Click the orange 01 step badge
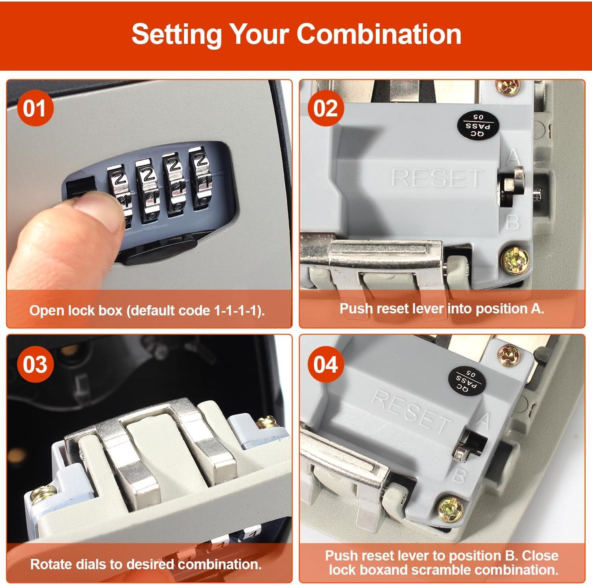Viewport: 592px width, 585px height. coord(35,108)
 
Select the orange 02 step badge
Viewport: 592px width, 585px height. coord(326,108)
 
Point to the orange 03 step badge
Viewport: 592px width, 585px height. coord(35,364)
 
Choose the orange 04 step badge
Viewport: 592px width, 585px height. coord(326,364)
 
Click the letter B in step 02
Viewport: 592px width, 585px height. coord(513,223)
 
